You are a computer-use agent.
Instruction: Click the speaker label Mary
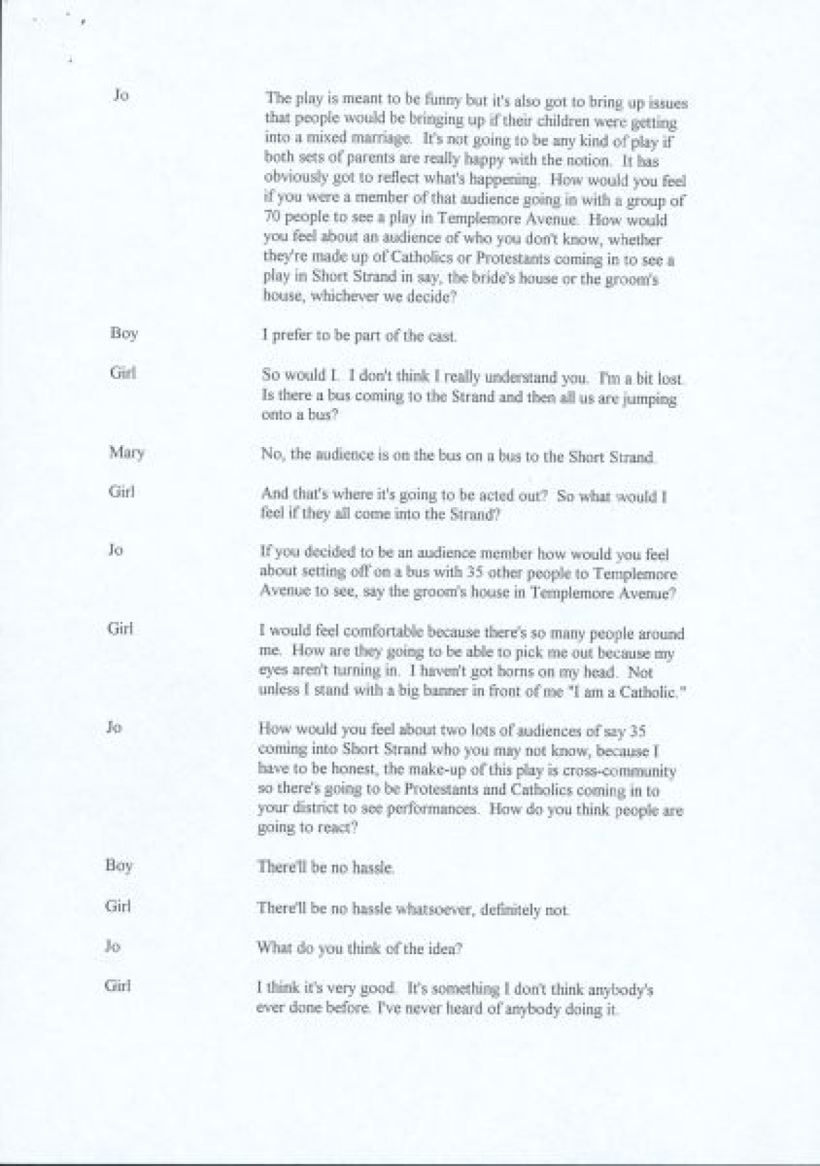coord(127,452)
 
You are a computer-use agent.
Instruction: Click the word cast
coord(441,336)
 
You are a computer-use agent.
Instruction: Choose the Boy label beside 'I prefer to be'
coord(124,334)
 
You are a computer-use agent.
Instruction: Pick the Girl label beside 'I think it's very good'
coord(117,985)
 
